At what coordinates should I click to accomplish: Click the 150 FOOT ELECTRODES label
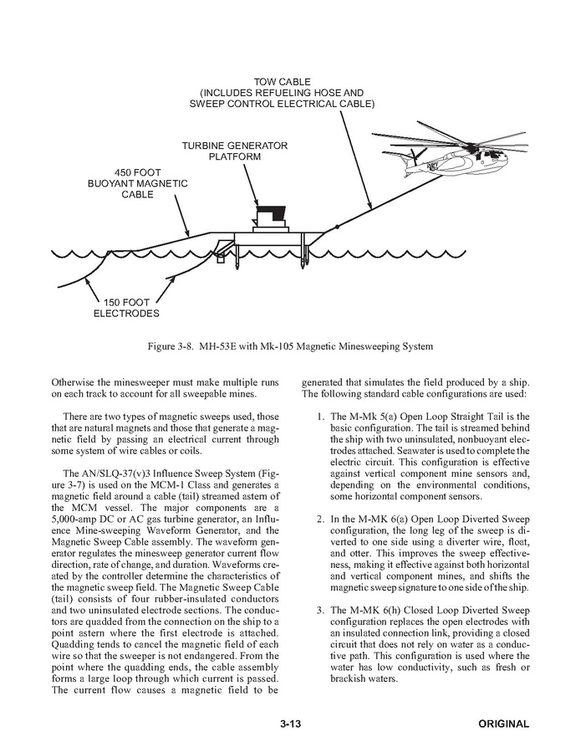coord(125,308)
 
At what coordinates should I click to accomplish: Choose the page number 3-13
coord(290,724)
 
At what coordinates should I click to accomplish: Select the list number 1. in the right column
coord(320,417)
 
